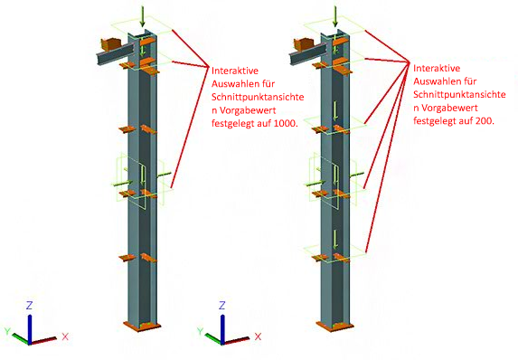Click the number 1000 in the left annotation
tap(286, 123)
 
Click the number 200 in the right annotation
tap(485, 121)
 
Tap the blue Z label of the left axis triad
tap(30, 305)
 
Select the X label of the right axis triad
tap(258, 336)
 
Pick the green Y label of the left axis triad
tap(7, 331)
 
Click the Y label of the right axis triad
tap(200, 331)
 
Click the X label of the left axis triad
tap(65, 336)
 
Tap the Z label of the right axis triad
tap(222, 305)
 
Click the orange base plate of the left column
tap(142, 326)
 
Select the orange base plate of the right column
tap(334, 326)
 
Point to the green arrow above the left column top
tap(143, 16)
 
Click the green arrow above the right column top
tap(335, 16)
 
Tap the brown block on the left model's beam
tap(110, 44)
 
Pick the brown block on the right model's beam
tap(304, 44)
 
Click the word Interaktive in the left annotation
tap(235, 71)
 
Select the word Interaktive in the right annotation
tap(437, 68)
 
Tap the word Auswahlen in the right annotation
tap(437, 81)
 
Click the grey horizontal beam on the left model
tap(114, 53)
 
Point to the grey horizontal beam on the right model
tap(307, 53)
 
